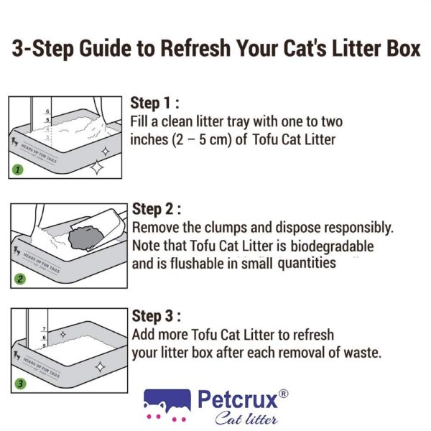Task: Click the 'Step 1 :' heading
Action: tap(155, 103)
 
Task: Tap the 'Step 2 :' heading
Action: tap(157, 209)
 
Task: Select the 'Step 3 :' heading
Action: tap(157, 316)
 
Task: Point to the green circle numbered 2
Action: tap(20, 279)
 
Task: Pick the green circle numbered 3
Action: tap(20, 384)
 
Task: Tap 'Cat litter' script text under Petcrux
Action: tap(244, 417)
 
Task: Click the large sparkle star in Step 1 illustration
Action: tap(96, 168)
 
